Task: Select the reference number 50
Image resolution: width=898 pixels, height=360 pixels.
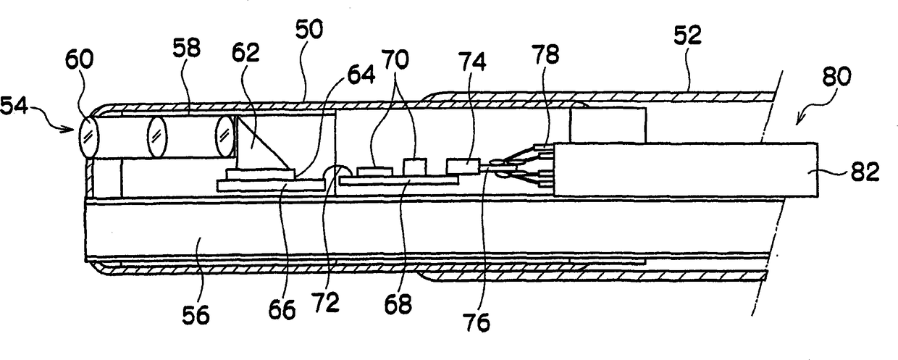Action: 310,30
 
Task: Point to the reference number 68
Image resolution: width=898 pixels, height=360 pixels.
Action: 398,304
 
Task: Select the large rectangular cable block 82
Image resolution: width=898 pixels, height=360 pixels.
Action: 684,170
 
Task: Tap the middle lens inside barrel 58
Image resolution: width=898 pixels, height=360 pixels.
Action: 156,135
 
